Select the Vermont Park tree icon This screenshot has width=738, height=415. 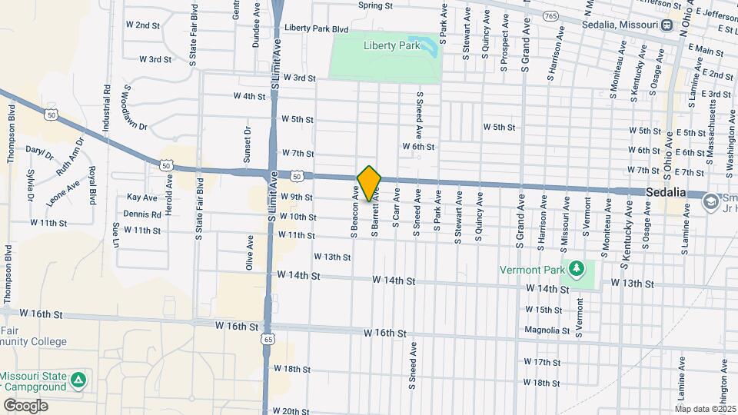point(576,268)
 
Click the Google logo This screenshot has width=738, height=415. point(25,405)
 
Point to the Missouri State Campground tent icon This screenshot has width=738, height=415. point(78,380)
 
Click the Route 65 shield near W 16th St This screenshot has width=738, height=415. point(267,338)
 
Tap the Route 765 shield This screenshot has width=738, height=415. point(550,15)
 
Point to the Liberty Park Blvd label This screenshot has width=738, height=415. point(316,28)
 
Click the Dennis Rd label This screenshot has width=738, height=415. point(141,214)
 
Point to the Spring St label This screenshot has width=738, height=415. point(375,5)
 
